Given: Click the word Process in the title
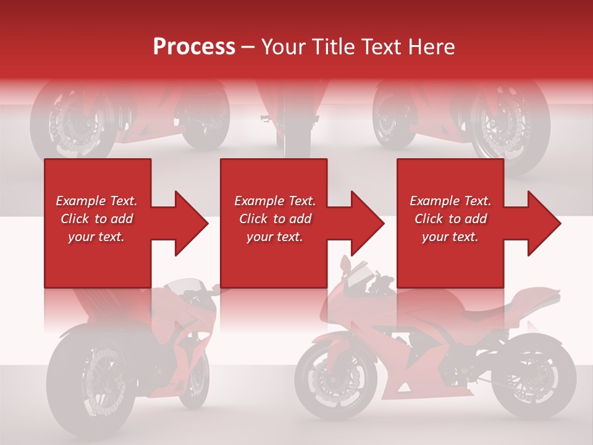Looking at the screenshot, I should (x=194, y=46).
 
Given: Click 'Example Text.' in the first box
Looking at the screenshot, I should (x=96, y=201).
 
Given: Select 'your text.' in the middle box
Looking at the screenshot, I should (x=274, y=237).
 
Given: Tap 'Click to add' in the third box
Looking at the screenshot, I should (x=450, y=219).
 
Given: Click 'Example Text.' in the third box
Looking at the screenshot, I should (x=450, y=201).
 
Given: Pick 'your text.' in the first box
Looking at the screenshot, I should (x=96, y=237).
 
